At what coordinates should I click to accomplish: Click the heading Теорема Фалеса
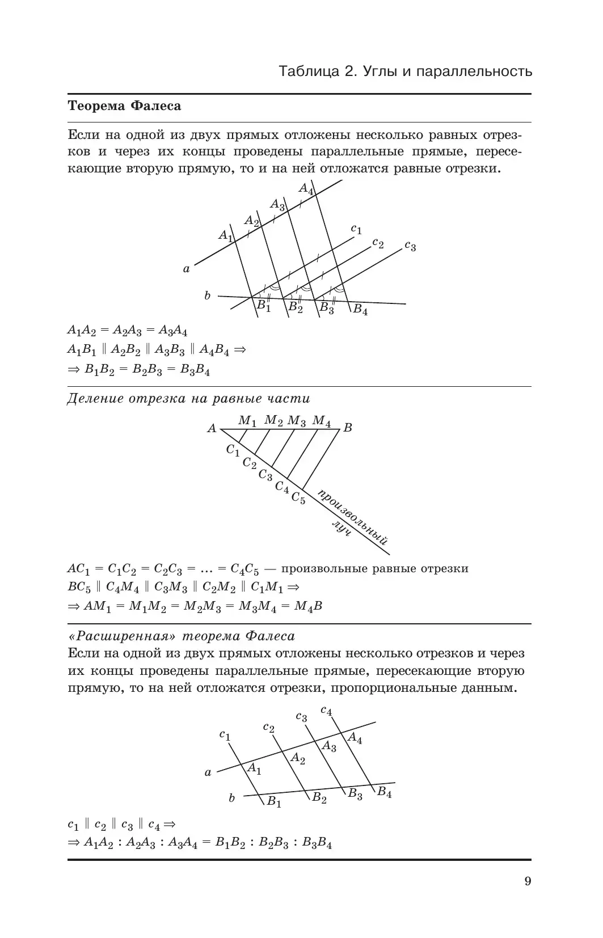pos(124,106)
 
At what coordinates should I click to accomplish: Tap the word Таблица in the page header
pos(309,72)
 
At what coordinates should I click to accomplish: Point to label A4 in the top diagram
pos(306,189)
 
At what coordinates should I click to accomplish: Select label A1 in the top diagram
pos(226,235)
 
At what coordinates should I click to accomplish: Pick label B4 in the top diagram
pos(360,310)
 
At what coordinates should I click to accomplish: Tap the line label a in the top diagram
pos(186,269)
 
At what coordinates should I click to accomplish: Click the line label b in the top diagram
pos(208,295)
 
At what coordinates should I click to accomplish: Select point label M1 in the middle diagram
pos(247,421)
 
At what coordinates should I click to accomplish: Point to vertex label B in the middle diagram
pos(348,428)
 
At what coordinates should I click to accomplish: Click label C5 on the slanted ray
pos(298,498)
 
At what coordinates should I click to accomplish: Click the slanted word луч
pos(342,529)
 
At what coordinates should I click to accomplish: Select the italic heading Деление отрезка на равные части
pos(188,398)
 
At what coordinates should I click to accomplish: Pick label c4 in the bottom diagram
pos(326,710)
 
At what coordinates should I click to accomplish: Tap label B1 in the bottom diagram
pos(275,802)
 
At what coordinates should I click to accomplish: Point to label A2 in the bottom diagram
pos(298,758)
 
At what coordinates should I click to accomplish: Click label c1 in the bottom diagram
pos(225,736)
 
